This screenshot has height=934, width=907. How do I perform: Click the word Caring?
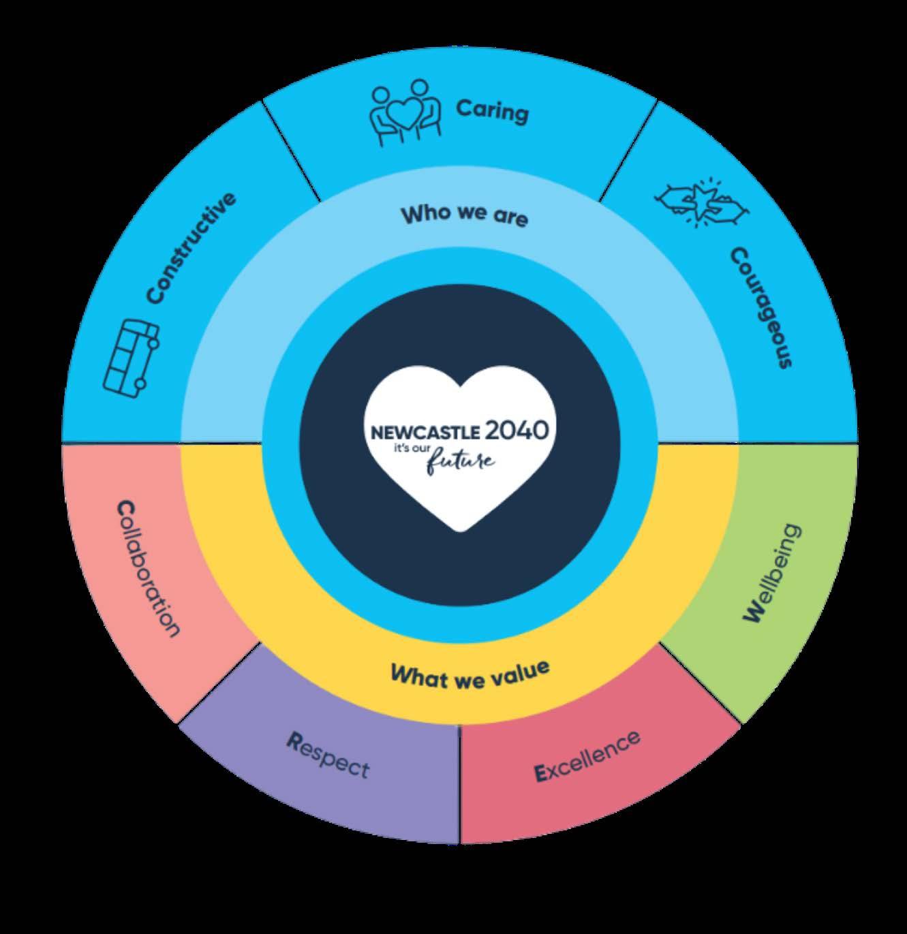pos(492,110)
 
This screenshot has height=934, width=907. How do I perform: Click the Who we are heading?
pos(464,215)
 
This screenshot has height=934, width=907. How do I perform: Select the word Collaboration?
pos(149,568)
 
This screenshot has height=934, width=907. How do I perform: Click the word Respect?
pos(328,756)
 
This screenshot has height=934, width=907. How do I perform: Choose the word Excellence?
pos(587,756)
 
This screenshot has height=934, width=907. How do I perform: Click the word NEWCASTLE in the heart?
pos(426,433)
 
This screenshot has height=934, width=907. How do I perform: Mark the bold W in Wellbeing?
pos(753,614)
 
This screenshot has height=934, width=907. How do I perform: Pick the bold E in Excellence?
pos(540,773)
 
